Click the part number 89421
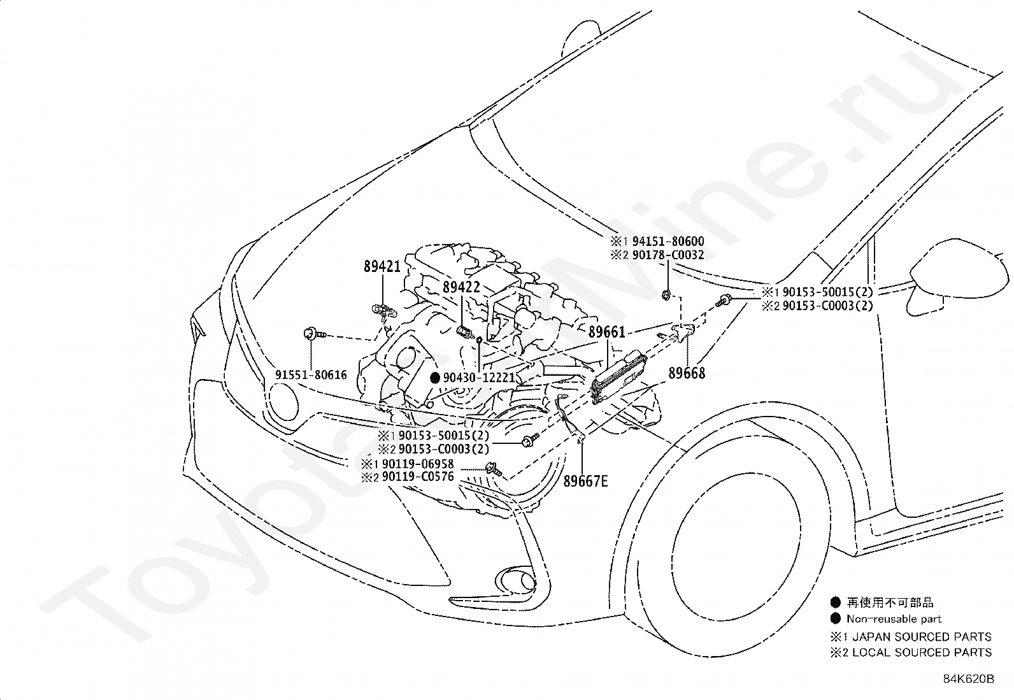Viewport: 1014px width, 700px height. pyautogui.click(x=382, y=267)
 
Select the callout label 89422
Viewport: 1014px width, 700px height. pyautogui.click(x=461, y=287)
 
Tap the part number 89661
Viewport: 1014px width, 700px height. pyautogui.click(x=606, y=332)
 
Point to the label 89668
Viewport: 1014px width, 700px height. pyautogui.click(x=687, y=373)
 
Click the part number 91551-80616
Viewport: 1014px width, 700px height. pyautogui.click(x=311, y=375)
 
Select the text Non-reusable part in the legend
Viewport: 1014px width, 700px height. pyautogui.click(x=894, y=618)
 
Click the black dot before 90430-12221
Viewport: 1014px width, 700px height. pyautogui.click(x=436, y=378)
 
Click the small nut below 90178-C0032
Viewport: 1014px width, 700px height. pyautogui.click(x=665, y=294)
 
